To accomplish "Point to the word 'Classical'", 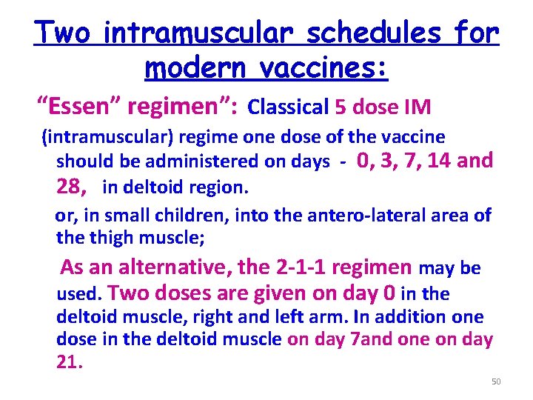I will pyautogui.click(x=288, y=108).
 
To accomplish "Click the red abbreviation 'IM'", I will pyautogui.click(x=417, y=108).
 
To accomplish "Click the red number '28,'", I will pyautogui.click(x=74, y=187).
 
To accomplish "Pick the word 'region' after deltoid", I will pyautogui.click(x=219, y=187).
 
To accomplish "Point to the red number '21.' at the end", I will pyautogui.click(x=70, y=362).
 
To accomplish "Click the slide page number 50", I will pyautogui.click(x=496, y=381).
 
